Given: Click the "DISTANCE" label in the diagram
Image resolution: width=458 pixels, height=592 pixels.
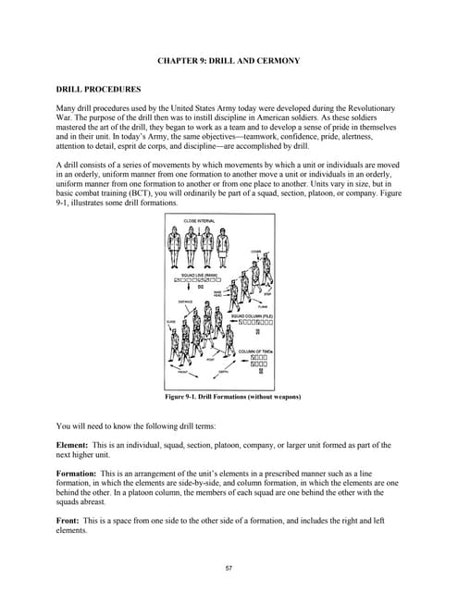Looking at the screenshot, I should point(185,302).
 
